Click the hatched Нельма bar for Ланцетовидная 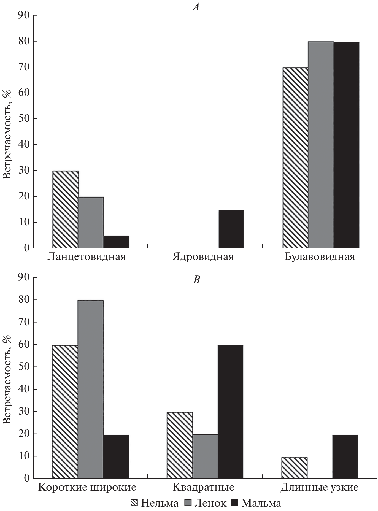tap(66, 209)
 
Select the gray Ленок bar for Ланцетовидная tap(91, 222)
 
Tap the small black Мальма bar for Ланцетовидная tap(116, 242)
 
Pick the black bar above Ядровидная tap(231, 229)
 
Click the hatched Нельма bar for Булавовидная tap(295, 158)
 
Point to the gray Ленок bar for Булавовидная tap(321, 145)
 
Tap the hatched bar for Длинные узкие tap(294, 467)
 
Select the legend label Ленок tap(210, 503)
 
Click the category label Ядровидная tap(203, 257)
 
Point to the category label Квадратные tap(203, 487)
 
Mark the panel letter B tap(196, 280)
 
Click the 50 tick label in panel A tap(24, 119)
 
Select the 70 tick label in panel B tap(24, 322)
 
